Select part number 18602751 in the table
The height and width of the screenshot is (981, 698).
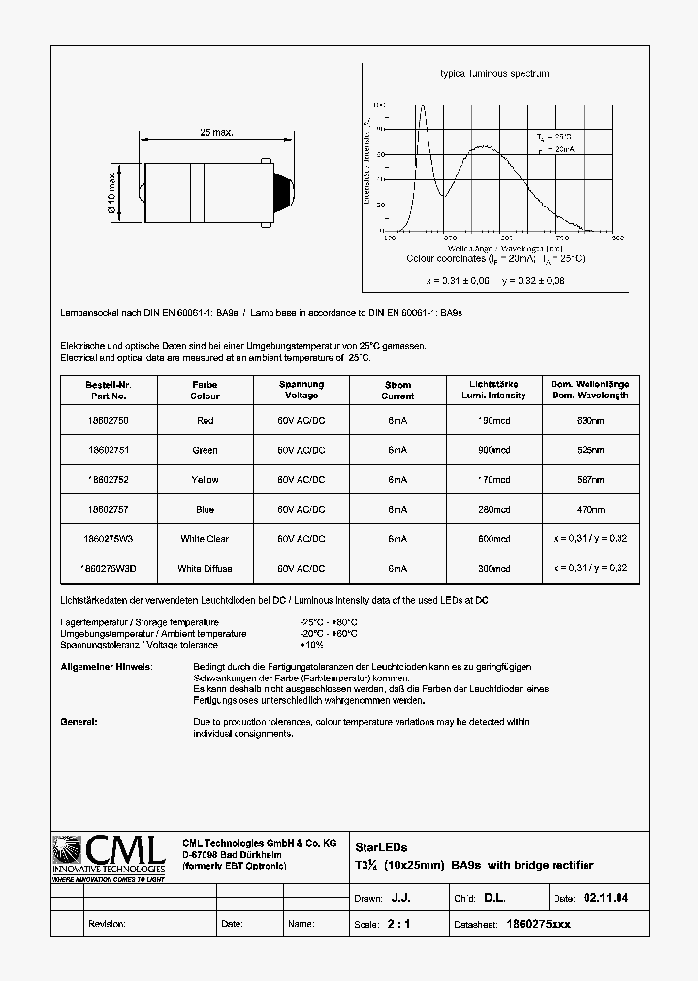tap(107, 450)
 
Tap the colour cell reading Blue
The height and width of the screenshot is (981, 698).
tap(205, 509)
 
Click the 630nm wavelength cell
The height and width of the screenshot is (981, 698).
tap(591, 421)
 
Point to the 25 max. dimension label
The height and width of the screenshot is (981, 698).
tap(217, 132)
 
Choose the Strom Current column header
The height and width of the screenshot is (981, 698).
tap(397, 391)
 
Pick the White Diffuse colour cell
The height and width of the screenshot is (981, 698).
tap(205, 568)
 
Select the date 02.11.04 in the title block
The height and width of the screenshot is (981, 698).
tap(606, 899)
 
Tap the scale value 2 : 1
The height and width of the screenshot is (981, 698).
tap(398, 924)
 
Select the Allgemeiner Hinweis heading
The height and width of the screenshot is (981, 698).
tap(107, 668)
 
